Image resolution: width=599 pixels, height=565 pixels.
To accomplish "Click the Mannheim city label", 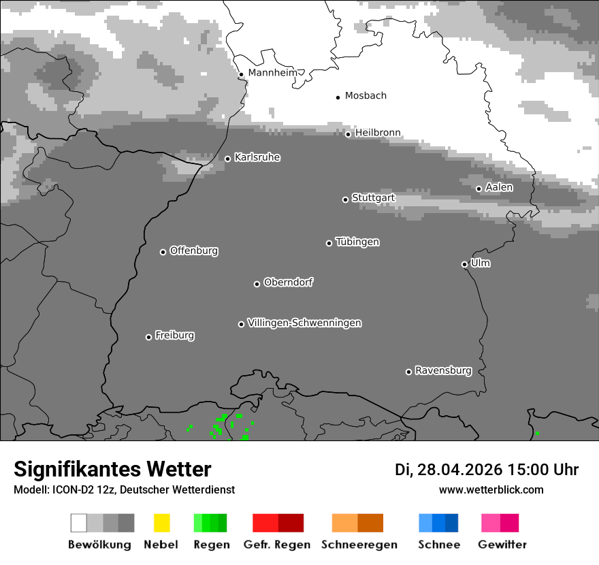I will pyautogui.click(x=272, y=73).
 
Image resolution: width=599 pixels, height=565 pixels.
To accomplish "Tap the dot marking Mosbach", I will pyautogui.click(x=338, y=97).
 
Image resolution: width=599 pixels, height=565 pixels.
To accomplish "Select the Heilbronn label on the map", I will pyautogui.click(x=378, y=133).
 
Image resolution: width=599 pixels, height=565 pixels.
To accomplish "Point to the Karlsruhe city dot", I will pyautogui.click(x=227, y=159).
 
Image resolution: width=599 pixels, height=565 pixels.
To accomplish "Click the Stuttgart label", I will pyautogui.click(x=373, y=198).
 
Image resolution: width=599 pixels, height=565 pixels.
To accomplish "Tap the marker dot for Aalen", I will pyautogui.click(x=479, y=189).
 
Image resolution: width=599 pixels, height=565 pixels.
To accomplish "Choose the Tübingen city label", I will pyautogui.click(x=357, y=242).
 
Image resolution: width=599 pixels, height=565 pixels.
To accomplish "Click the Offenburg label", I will pyautogui.click(x=194, y=251).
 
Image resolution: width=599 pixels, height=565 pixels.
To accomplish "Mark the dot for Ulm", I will pyautogui.click(x=464, y=265).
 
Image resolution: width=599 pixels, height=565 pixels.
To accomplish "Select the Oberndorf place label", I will pyautogui.click(x=289, y=282).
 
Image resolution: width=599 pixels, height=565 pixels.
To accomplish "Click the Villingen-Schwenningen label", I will pyautogui.click(x=304, y=323).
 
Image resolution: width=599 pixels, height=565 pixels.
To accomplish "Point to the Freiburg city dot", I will pyautogui.click(x=148, y=337).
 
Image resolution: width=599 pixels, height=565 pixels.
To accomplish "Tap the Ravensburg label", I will pyautogui.click(x=443, y=371).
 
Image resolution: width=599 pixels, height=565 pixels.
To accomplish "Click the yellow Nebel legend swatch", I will pyautogui.click(x=161, y=523).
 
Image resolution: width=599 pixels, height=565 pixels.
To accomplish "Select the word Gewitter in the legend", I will pyautogui.click(x=502, y=545).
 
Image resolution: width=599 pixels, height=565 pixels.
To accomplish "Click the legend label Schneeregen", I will pyautogui.click(x=359, y=545).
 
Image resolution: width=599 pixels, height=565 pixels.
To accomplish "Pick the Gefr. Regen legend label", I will pyautogui.click(x=277, y=545).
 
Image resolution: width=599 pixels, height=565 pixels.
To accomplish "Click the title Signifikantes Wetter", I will pyautogui.click(x=112, y=469).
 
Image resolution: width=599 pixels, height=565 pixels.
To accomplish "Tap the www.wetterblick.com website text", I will pyautogui.click(x=491, y=489).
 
